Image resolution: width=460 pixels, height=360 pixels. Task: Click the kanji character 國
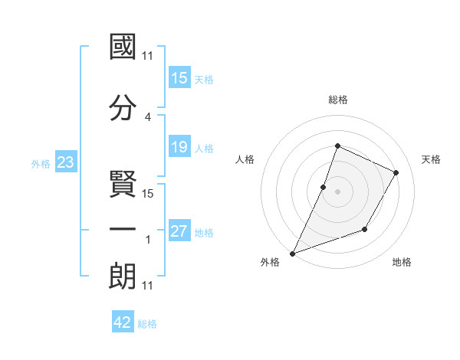click(123, 47)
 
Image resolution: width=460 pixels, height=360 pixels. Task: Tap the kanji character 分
click(123, 107)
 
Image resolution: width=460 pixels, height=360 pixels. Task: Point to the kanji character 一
click(123, 229)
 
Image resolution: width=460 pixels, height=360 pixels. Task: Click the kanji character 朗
click(123, 276)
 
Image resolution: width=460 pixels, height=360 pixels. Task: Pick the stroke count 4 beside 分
click(148, 116)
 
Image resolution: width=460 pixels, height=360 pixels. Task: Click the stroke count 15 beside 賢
click(149, 194)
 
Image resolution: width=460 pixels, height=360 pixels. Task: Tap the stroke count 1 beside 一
click(148, 240)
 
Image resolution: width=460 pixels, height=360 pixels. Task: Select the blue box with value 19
click(179, 147)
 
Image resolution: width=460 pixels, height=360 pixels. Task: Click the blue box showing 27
click(179, 231)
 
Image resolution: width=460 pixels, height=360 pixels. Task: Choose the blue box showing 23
click(66, 162)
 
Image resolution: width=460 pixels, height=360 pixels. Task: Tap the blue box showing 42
click(123, 322)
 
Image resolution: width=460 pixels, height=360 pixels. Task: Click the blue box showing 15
click(179, 78)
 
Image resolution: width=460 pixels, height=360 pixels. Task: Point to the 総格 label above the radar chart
click(338, 100)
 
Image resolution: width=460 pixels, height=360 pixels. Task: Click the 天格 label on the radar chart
click(431, 159)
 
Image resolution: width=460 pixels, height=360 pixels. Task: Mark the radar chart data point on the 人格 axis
click(324, 187)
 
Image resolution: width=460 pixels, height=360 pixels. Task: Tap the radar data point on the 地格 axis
click(365, 229)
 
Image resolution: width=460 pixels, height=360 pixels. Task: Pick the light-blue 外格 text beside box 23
click(41, 163)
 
